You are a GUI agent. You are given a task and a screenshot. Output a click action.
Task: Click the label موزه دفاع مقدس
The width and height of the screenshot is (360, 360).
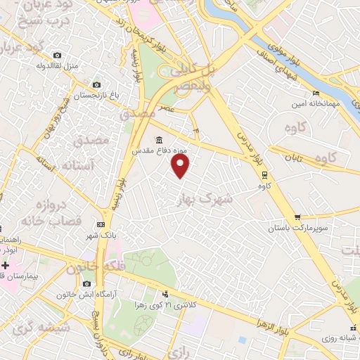click(159, 150)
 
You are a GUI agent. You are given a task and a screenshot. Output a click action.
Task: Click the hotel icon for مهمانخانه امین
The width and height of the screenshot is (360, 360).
click(316, 92)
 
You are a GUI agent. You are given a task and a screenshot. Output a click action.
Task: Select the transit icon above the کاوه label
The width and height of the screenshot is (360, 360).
click(264, 175)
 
